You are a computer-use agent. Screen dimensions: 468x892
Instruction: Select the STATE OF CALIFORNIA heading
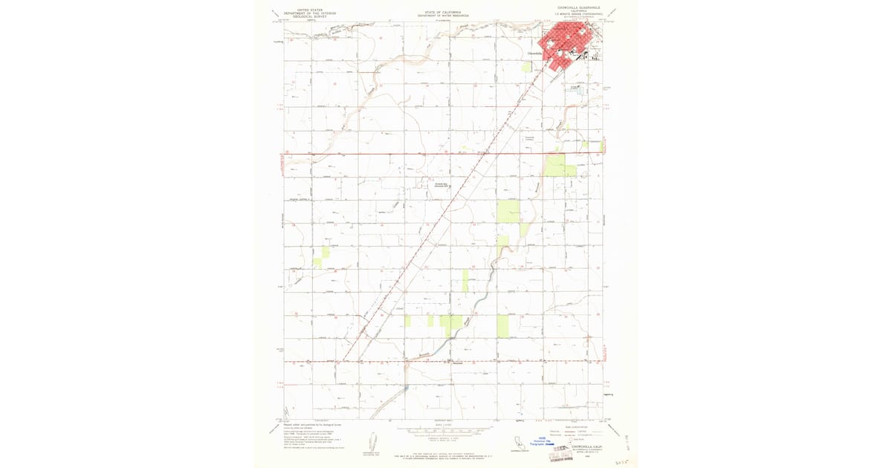pos(443,12)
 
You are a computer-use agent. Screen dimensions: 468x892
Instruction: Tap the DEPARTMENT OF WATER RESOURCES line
pos(443,16)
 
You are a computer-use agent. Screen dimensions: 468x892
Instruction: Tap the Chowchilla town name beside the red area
pos(535,53)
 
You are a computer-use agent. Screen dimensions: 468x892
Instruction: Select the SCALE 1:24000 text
pos(444,425)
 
